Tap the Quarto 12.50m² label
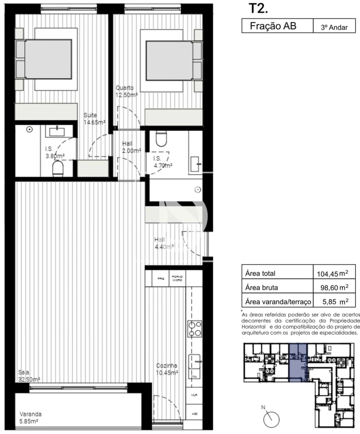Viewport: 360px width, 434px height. pyautogui.click(x=127, y=91)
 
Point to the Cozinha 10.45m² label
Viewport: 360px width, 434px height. pyautogui.click(x=167, y=369)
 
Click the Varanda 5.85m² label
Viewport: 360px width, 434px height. pyautogui.click(x=31, y=418)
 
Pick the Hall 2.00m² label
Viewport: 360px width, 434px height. pyautogui.click(x=132, y=147)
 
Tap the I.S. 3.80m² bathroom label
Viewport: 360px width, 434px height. pyautogui.click(x=54, y=152)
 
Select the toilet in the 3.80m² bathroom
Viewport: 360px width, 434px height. pyautogui.click(x=58, y=168)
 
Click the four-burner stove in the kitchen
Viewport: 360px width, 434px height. pyautogui.click(x=195, y=328)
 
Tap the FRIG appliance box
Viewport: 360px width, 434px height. pyautogui.click(x=161, y=278)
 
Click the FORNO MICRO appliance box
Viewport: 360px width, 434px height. pyautogui.click(x=177, y=278)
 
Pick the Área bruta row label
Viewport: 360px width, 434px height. pyautogui.click(x=261, y=287)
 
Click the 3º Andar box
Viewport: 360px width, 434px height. pyautogui.click(x=334, y=28)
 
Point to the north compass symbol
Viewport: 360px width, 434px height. pyautogui.click(x=271, y=418)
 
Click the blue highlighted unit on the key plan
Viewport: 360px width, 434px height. pyautogui.click(x=298, y=362)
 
